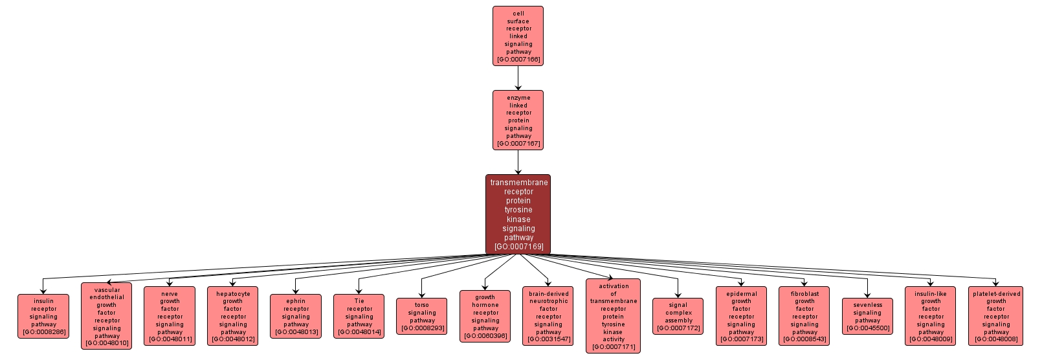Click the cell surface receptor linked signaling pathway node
pyautogui.click(x=518, y=36)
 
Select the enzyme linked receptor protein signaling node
pyautogui.click(x=518, y=120)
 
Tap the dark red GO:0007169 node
pyautogui.click(x=518, y=214)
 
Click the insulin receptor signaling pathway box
pyautogui.click(x=43, y=316)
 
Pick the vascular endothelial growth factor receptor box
pyautogui.click(x=107, y=316)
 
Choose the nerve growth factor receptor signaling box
pyautogui.click(x=170, y=316)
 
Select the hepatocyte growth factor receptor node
pyautogui.click(x=233, y=316)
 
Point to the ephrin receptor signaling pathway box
pyautogui.click(x=296, y=316)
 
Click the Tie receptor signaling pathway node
pyautogui.click(x=359, y=316)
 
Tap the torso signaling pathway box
pyautogui.click(x=422, y=316)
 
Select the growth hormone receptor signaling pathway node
pyautogui.click(x=485, y=316)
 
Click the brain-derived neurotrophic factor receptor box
pyautogui.click(x=548, y=316)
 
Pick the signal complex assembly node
pyautogui.click(x=678, y=316)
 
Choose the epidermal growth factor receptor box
pyautogui.click(x=741, y=316)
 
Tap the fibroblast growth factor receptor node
pyautogui.click(x=804, y=316)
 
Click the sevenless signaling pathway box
pyautogui.click(x=867, y=316)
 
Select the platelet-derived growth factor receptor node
pyautogui.click(x=996, y=316)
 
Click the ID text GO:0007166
pyautogui.click(x=518, y=60)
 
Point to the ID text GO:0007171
pyautogui.click(x=614, y=347)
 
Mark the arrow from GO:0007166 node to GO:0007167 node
pyautogui.click(x=518, y=78)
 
